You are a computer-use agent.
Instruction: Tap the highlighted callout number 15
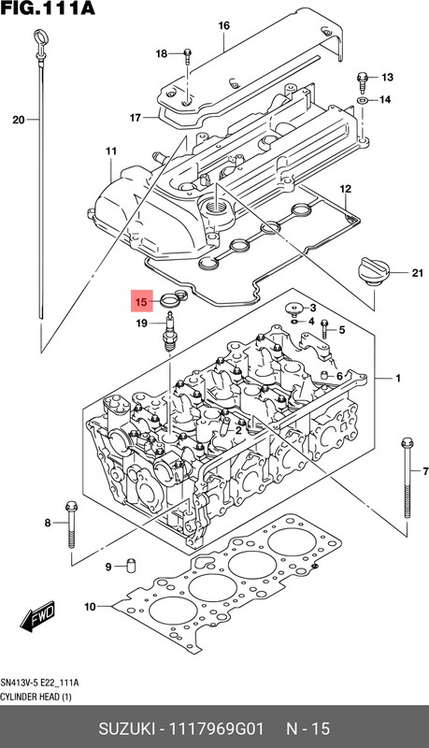coord(140,302)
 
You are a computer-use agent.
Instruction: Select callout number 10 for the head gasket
coord(90,607)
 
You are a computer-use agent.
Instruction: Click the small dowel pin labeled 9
coord(131,566)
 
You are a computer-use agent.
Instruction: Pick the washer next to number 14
coord(362,99)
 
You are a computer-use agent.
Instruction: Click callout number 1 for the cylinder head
coord(397,378)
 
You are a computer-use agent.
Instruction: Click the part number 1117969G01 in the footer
coord(222,726)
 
